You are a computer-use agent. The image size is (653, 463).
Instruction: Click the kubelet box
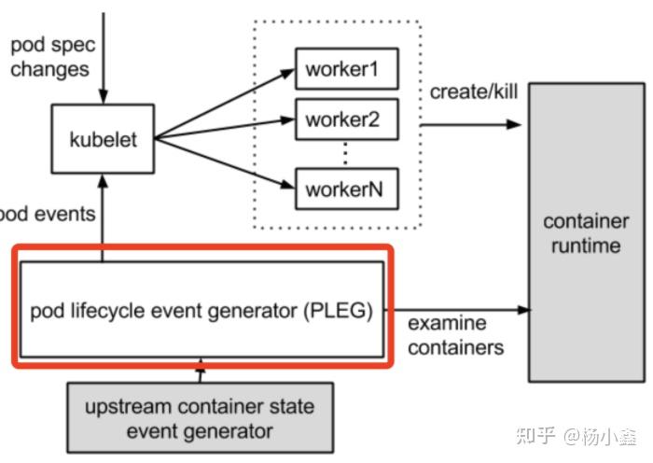pyautogui.click(x=103, y=140)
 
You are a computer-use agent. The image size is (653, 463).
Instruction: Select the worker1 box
pyautogui.click(x=345, y=71)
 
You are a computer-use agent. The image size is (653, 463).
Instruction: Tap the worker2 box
pyautogui.click(x=345, y=120)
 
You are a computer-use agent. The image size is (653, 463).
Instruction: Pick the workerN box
pyautogui.click(x=345, y=189)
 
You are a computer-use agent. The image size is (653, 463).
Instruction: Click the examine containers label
pyautogui.click(x=455, y=335)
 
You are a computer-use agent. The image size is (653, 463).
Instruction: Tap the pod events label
pyautogui.click(x=47, y=214)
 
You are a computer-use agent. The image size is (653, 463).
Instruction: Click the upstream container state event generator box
pyautogui.click(x=200, y=418)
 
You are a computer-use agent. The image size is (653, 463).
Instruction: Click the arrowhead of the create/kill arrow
pyautogui.click(x=516, y=123)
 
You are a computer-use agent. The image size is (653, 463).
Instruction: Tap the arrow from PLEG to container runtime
pyautogui.click(x=457, y=310)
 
